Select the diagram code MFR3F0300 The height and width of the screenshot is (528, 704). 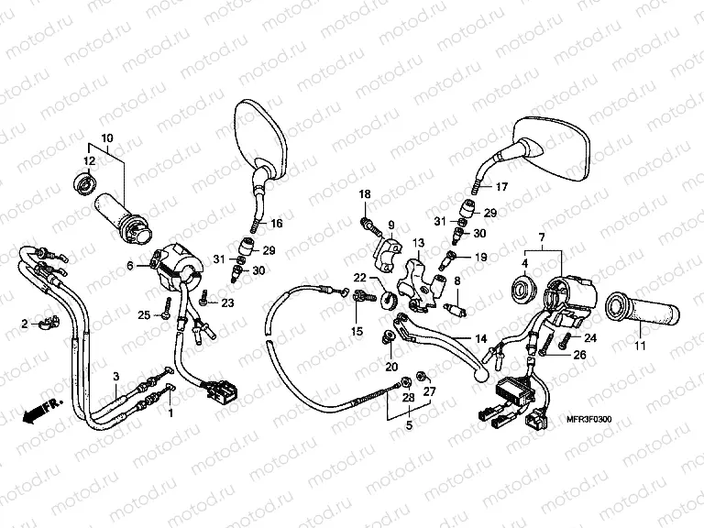[588, 420]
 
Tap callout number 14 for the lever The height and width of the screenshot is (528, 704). [481, 339]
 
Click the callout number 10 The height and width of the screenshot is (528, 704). [107, 138]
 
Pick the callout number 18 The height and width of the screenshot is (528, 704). [365, 194]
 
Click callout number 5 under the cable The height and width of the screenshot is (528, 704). [409, 424]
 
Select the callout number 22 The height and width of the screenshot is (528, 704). [360, 278]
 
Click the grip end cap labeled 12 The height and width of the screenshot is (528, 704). [84, 182]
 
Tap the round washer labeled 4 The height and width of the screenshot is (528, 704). [523, 287]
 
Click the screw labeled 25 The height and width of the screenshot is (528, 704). [168, 308]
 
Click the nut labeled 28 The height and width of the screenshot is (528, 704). [405, 383]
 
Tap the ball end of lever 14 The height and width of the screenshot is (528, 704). [481, 374]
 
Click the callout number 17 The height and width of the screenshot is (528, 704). [501, 186]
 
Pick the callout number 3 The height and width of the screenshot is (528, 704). [116, 376]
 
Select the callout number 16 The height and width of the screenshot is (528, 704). [277, 223]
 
